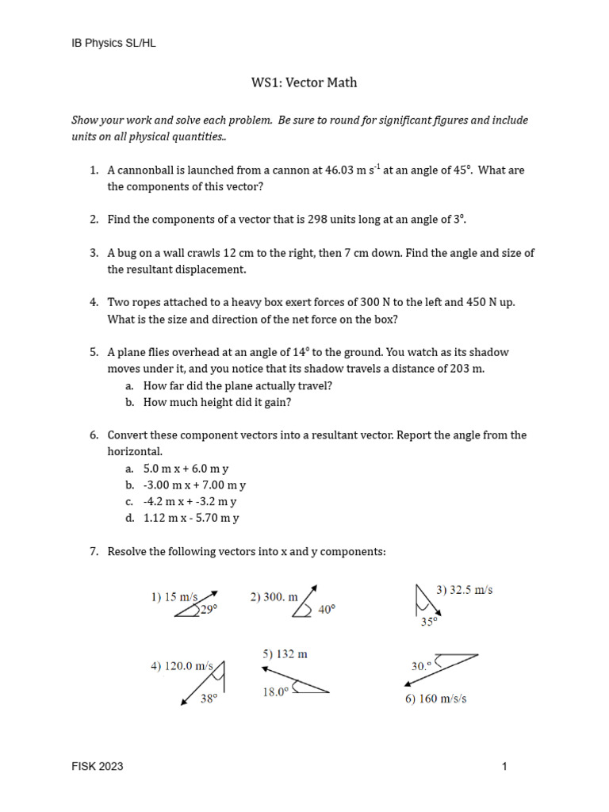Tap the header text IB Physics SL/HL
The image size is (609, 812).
114,44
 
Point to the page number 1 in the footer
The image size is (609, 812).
504,766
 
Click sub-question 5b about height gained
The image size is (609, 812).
217,402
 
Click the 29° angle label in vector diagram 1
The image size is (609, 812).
208,610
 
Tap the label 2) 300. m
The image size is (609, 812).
274,597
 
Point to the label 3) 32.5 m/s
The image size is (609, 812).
465,591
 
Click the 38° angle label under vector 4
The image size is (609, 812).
209,699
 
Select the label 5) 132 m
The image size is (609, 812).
285,654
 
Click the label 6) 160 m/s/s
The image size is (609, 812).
436,699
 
